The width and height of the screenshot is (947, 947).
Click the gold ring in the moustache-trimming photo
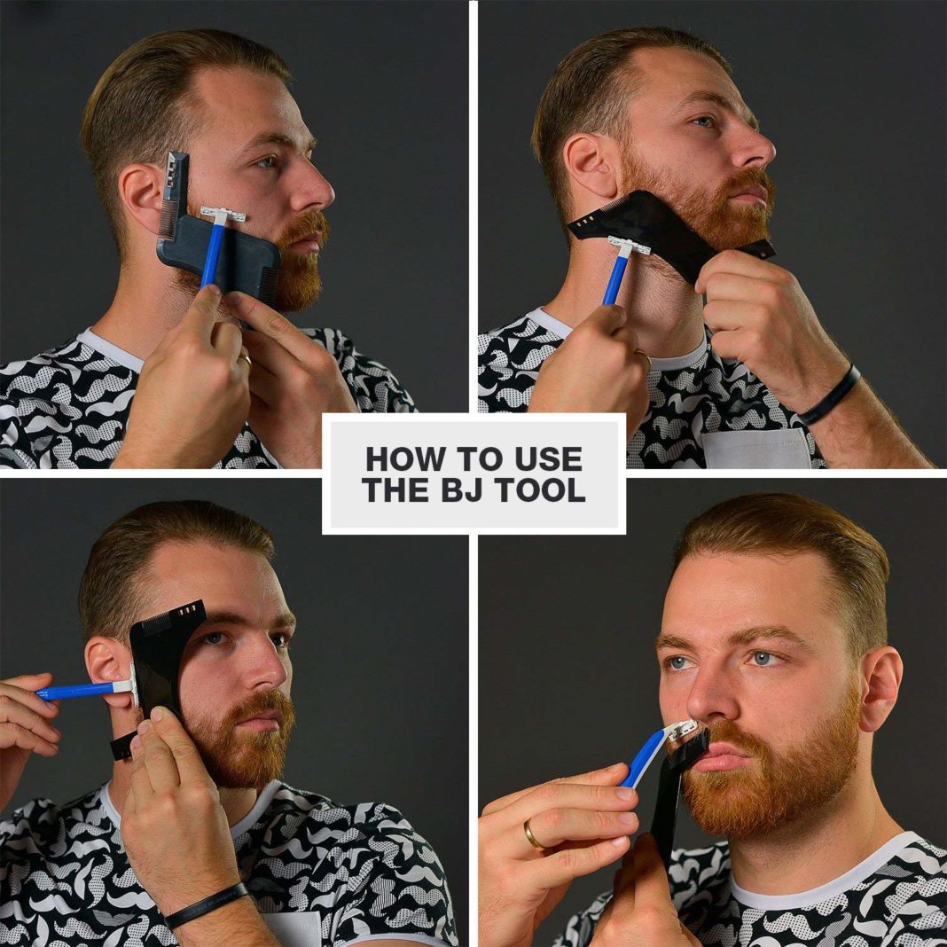pos(534,835)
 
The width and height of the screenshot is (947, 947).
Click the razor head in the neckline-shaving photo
pos(628,246)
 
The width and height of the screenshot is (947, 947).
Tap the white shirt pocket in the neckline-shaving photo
pos(756,448)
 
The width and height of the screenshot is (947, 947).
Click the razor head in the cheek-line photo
pos(223,215)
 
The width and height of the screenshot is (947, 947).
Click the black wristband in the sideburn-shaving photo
pos(206,904)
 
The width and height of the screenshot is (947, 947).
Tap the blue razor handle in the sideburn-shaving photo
pos(77,691)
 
